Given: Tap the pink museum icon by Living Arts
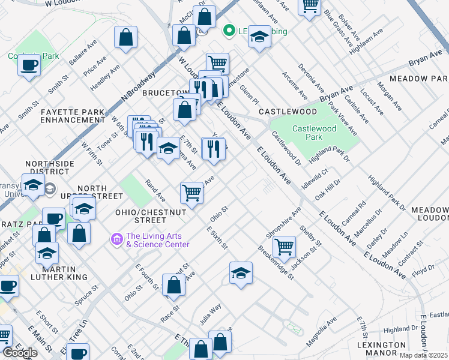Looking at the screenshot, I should tap(116, 239).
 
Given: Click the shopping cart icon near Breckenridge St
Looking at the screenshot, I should tap(284, 246).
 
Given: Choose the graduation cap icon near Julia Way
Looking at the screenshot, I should tap(241, 273).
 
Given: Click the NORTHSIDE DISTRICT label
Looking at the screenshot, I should tap(50, 168).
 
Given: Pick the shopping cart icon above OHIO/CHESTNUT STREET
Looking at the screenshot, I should tap(191, 193).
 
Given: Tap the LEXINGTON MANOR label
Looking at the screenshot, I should tap(381, 349).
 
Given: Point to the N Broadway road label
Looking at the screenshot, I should tap(138, 88).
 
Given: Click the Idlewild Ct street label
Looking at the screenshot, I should tap(315, 178).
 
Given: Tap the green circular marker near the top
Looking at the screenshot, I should tap(228, 31).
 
